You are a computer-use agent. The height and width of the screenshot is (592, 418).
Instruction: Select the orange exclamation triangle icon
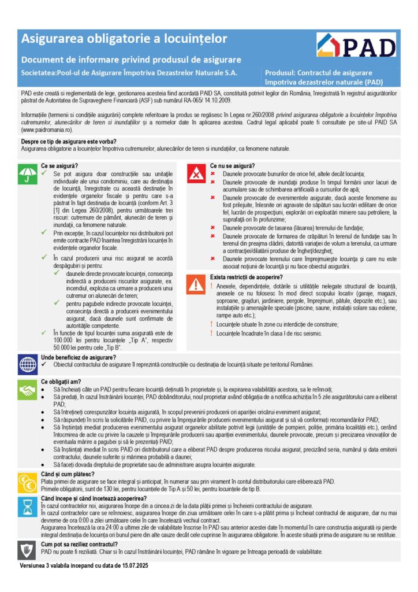pyautogui.click(x=197, y=284)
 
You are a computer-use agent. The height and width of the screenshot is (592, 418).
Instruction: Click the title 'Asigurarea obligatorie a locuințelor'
pyautogui.click(x=124, y=39)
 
